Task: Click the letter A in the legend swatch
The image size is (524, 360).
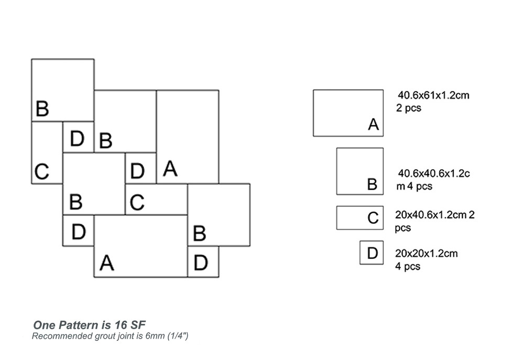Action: [x=373, y=125]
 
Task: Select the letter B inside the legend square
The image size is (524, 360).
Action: [x=372, y=184]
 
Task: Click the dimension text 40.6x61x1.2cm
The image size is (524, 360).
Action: [x=433, y=96]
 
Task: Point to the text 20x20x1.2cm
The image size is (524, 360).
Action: [x=426, y=254]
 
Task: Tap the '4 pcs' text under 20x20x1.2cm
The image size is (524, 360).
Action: [x=408, y=266]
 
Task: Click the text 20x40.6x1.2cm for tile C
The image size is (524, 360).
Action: [x=432, y=215]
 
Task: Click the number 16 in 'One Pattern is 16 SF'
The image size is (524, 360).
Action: [x=124, y=325]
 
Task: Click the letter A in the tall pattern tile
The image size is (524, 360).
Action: [x=170, y=169]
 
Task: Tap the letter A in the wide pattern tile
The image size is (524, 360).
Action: [x=106, y=263]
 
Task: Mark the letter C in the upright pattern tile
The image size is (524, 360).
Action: [x=41, y=171]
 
